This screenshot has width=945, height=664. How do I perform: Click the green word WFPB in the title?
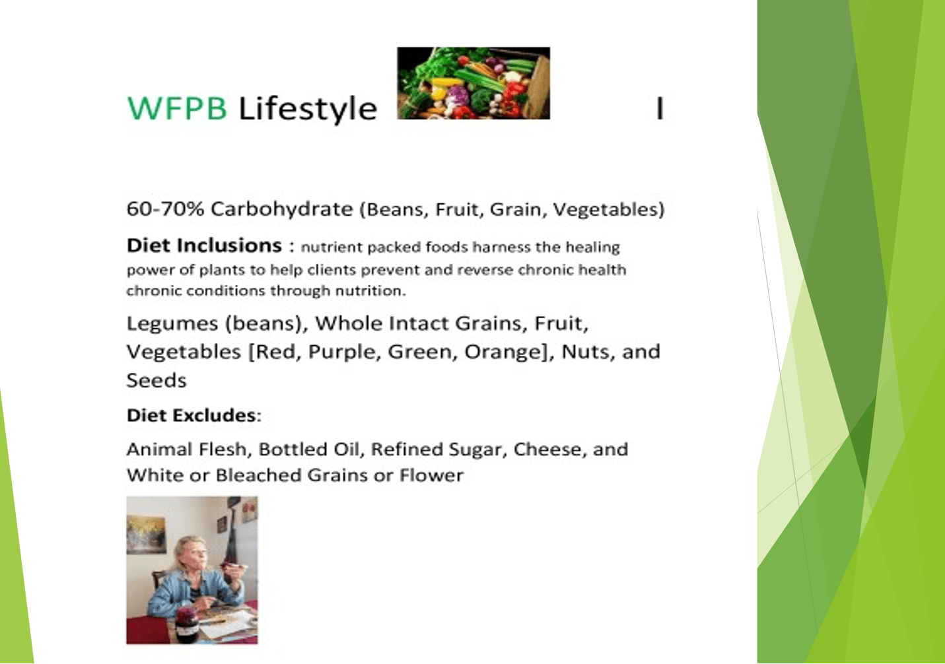(177, 108)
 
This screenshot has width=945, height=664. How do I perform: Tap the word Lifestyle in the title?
(308, 109)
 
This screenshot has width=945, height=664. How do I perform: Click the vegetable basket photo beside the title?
(473, 83)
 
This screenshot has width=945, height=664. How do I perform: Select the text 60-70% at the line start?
(165, 209)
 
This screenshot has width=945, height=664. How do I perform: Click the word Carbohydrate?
(282, 209)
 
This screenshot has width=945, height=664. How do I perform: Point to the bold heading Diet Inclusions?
(204, 246)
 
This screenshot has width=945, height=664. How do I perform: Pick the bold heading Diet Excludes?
(192, 415)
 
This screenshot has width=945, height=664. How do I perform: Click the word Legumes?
(172, 324)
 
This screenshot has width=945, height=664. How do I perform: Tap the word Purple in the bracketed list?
(341, 352)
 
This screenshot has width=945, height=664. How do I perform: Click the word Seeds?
(157, 380)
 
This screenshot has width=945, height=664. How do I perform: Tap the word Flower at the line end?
(432, 475)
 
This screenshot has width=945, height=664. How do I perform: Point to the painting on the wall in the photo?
(145, 535)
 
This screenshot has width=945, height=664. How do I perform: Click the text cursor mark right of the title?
(660, 108)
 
